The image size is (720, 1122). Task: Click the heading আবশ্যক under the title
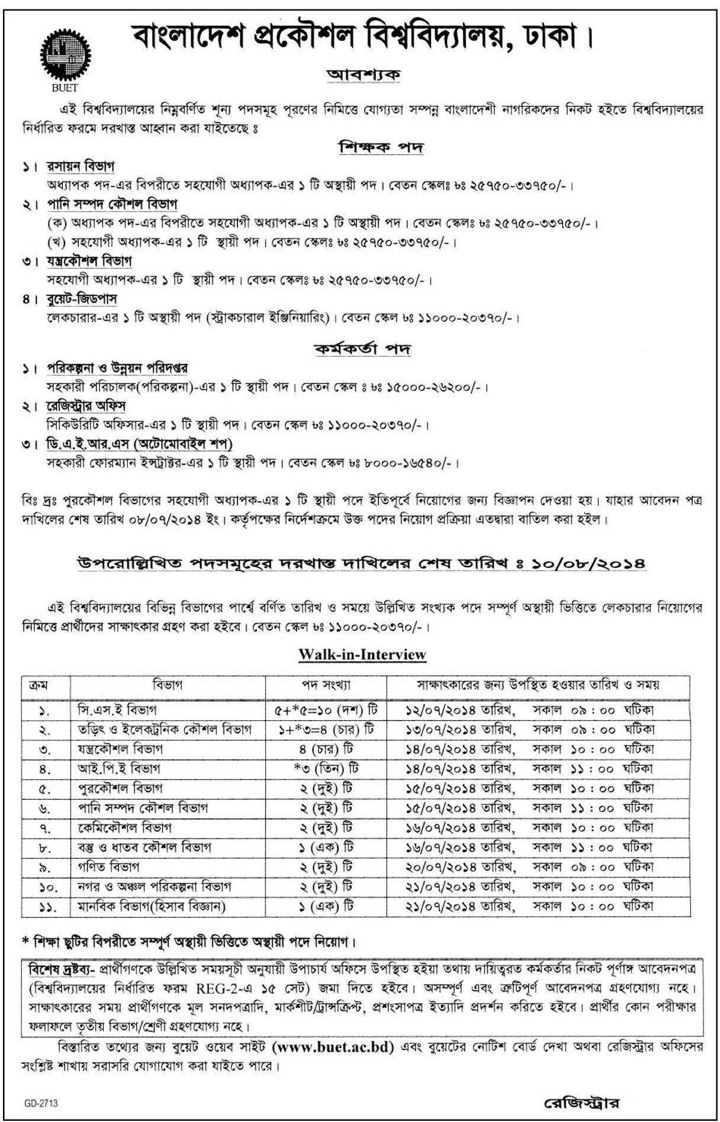(364, 75)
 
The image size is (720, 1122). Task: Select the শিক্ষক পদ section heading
(380, 147)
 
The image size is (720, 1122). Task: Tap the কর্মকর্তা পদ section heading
(362, 349)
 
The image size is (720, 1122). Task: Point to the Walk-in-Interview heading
(362, 654)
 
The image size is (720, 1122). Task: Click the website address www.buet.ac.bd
(333, 1047)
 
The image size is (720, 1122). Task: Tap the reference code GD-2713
(41, 1104)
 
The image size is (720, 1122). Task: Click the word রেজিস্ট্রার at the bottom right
(581, 1103)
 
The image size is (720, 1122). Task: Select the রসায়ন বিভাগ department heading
(81, 166)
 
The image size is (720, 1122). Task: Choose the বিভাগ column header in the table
(168, 685)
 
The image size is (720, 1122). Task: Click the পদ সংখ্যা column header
(326, 685)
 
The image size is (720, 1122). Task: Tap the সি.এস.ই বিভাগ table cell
(117, 710)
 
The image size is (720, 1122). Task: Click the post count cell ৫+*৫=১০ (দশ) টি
(326, 710)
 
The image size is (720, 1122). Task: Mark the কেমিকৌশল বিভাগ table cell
(125, 827)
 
